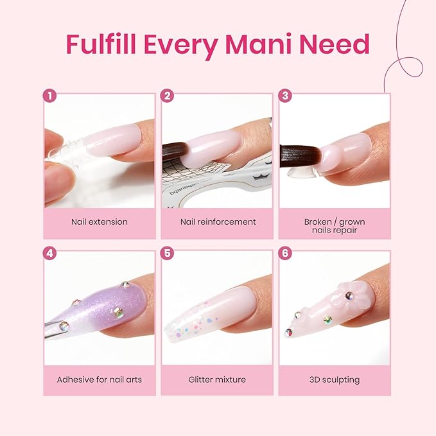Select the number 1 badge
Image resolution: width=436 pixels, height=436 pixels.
(x=49, y=96)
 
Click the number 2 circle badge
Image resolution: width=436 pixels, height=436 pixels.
(x=167, y=96)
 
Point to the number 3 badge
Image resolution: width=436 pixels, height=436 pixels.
(x=285, y=96)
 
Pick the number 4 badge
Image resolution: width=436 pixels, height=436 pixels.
(x=49, y=253)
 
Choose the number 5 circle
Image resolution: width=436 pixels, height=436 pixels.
(x=167, y=253)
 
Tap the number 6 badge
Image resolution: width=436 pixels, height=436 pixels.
(x=285, y=253)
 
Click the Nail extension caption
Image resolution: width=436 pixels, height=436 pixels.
(x=100, y=222)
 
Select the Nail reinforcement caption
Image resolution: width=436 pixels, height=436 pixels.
(x=218, y=222)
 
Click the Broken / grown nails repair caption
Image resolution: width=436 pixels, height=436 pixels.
(x=335, y=225)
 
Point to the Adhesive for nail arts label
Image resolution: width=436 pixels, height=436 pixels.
(x=100, y=379)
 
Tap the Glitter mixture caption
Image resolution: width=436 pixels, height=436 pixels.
(x=218, y=379)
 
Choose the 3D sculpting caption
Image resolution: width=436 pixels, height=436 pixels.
(x=335, y=379)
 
